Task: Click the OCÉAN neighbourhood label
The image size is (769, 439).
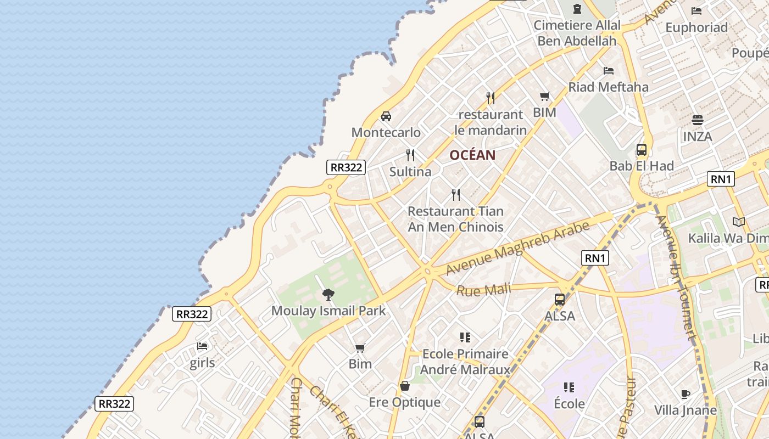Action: (x=472, y=155)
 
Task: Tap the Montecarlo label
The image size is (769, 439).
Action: (x=386, y=133)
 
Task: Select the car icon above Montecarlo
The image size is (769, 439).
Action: (x=386, y=116)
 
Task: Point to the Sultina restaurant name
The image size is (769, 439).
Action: (x=410, y=172)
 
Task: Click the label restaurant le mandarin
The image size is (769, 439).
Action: (x=491, y=122)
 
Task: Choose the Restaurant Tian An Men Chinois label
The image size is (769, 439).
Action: (x=455, y=219)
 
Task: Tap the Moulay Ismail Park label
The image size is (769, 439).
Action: (x=328, y=311)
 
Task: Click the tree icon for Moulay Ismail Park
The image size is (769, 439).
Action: (x=328, y=295)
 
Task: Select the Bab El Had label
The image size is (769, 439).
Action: (x=641, y=166)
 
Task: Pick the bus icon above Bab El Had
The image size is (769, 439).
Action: (x=641, y=150)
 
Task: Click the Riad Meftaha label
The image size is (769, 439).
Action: (x=608, y=87)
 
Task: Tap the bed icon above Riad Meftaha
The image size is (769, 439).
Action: (x=608, y=71)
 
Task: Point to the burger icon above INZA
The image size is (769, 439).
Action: (x=698, y=120)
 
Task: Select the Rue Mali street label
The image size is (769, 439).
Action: (x=483, y=289)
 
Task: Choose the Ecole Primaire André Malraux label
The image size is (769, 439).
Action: (x=465, y=362)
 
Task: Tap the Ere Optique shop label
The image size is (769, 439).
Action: (x=405, y=402)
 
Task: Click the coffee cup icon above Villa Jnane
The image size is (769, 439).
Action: (x=686, y=394)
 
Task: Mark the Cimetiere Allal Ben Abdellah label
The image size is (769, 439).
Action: (x=577, y=33)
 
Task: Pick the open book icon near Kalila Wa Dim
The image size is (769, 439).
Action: (x=739, y=222)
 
